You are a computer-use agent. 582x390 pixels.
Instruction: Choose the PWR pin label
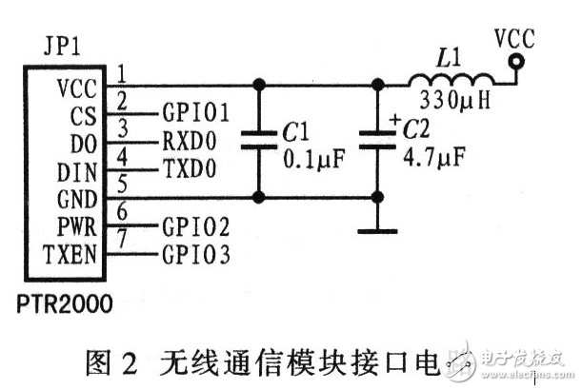coord(76,227)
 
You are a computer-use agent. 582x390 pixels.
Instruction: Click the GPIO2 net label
coord(196,227)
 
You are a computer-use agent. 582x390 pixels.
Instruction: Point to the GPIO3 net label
coord(196,255)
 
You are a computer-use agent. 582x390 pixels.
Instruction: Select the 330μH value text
coord(453,100)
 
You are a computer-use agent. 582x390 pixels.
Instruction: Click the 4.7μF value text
coord(434,154)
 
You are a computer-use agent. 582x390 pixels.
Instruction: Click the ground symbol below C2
coord(377,229)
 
